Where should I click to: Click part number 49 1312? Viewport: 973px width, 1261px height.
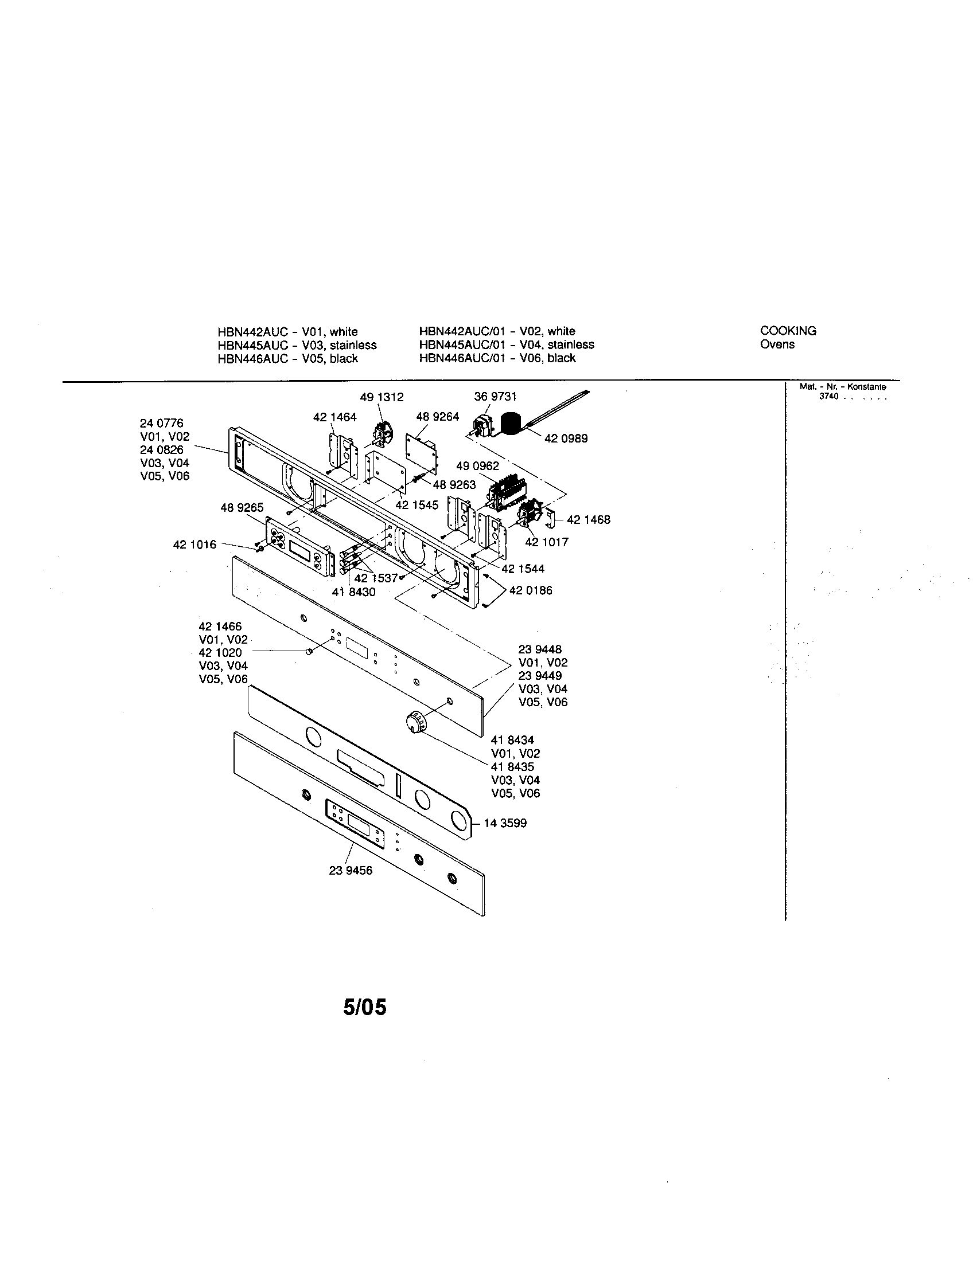[x=382, y=397]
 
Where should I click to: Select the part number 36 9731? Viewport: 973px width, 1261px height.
[x=495, y=397]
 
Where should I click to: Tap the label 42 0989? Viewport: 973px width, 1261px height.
[x=566, y=439]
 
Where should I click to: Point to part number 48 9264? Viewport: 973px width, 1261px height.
[x=437, y=417]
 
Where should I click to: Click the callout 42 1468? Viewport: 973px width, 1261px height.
[x=588, y=520]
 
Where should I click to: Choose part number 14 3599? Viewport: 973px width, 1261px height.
[x=505, y=823]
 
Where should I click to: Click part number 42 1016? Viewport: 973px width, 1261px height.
[x=194, y=545]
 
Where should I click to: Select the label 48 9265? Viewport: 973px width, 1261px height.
[x=242, y=507]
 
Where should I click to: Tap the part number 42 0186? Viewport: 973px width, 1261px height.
[x=531, y=590]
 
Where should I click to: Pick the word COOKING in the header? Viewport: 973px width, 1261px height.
[x=788, y=331]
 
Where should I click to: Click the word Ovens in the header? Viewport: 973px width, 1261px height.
[x=777, y=344]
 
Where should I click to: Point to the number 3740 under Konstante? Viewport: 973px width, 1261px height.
[x=828, y=397]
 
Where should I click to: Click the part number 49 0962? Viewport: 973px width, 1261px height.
[x=477, y=466]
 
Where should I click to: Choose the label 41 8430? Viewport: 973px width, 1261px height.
[x=353, y=592]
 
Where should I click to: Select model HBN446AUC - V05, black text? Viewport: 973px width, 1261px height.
[x=287, y=359]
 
